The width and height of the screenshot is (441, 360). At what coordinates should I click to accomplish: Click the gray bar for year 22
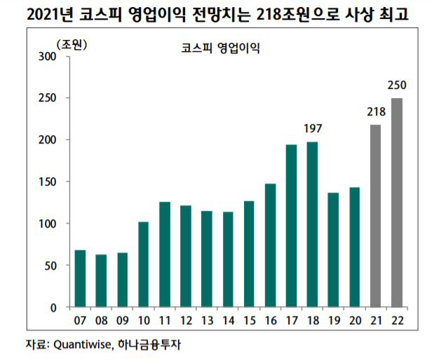pos(396,202)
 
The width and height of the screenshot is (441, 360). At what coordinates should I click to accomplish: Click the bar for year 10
pos(143,264)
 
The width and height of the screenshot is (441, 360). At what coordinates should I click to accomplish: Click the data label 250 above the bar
pos(397,86)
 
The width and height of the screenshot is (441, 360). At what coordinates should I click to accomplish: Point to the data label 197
pos(312,128)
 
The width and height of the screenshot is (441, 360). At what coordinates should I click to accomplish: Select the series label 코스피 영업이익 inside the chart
pos(219,49)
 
